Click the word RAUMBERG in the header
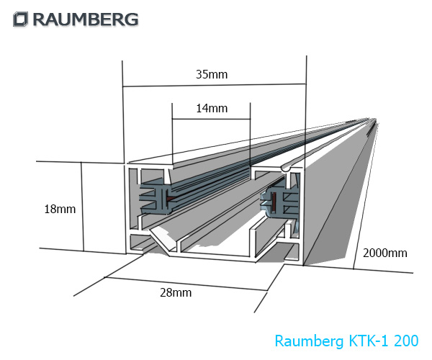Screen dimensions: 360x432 click(84, 19)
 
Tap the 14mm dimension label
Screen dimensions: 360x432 click(211, 109)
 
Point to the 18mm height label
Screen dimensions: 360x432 click(60, 210)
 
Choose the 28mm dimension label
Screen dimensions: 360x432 click(176, 292)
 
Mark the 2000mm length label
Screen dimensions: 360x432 click(384, 253)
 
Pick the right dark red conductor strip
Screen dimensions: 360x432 click(271, 199)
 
